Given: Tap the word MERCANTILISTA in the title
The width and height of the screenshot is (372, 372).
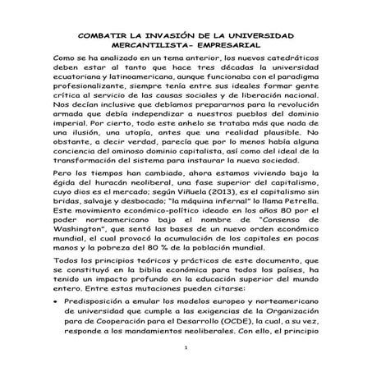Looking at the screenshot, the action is click(x=148, y=48).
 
